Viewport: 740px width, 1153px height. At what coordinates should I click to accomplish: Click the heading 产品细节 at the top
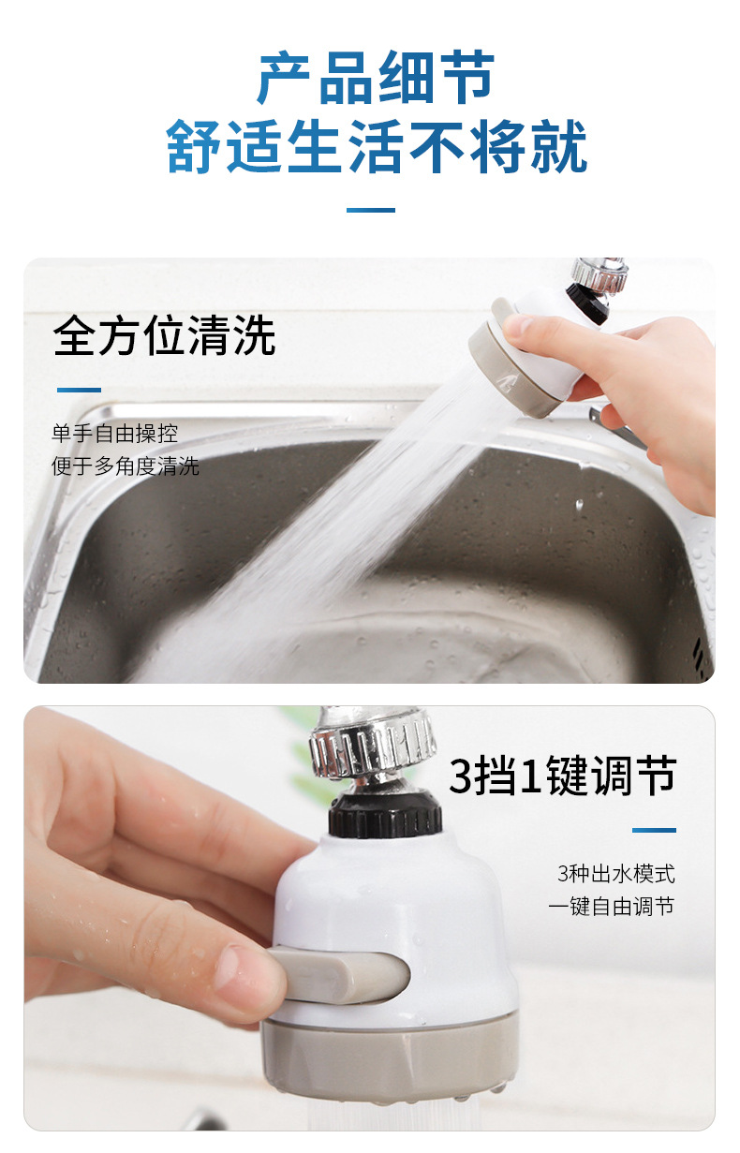[x=376, y=80]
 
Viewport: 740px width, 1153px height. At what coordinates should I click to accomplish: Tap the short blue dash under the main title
[x=370, y=210]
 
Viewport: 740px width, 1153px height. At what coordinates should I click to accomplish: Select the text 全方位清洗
[x=164, y=336]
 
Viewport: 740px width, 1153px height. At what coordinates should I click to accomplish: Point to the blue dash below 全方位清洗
[x=79, y=390]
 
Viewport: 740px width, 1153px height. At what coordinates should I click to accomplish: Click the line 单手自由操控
[x=114, y=434]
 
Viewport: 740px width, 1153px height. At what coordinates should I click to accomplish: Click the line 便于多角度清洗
[x=125, y=466]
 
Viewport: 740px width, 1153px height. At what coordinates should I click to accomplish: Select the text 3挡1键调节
[x=562, y=776]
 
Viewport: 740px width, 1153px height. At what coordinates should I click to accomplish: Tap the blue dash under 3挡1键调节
[x=653, y=830]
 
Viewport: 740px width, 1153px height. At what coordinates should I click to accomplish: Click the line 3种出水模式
[x=615, y=874]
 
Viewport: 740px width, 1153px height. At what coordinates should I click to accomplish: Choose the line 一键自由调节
[x=611, y=906]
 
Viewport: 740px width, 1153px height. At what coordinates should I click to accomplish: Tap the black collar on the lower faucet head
[x=384, y=811]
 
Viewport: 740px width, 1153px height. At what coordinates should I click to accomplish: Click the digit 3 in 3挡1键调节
[x=461, y=776]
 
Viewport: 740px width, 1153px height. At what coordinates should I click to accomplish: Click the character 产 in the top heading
[x=286, y=80]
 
